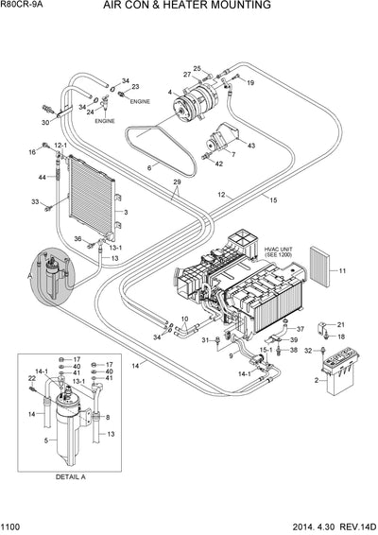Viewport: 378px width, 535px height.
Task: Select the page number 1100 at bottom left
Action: [13, 527]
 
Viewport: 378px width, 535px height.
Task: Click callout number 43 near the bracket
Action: [251, 145]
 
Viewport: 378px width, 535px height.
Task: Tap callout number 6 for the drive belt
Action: [149, 167]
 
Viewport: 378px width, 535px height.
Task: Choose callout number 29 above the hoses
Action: [177, 181]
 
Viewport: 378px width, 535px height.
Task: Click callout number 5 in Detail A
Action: [46, 440]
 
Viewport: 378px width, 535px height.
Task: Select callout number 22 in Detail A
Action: [30, 379]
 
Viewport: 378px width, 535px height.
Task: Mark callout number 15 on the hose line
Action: [272, 200]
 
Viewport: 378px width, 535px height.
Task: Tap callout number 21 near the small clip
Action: [341, 324]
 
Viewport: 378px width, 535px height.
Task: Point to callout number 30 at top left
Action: [45, 123]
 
